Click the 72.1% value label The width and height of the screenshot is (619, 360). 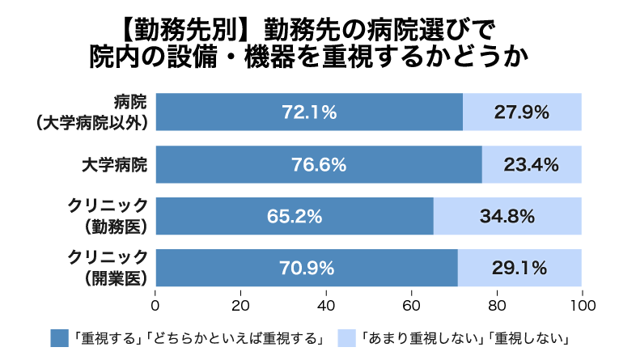click(x=308, y=112)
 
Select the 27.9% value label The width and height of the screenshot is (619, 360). click(x=521, y=112)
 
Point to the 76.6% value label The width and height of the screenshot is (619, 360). click(x=318, y=165)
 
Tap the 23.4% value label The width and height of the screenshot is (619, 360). click(x=531, y=165)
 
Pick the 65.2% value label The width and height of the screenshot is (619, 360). click(x=295, y=217)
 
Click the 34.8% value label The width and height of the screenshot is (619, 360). click(x=507, y=217)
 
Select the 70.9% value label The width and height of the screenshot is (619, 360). click(x=307, y=268)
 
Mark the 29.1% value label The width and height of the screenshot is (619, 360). click(x=519, y=268)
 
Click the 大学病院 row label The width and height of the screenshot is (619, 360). click(x=114, y=165)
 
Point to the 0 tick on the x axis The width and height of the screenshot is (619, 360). click(x=155, y=306)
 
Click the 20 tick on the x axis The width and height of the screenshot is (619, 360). click(x=240, y=306)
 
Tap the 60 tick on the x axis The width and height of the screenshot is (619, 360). click(x=411, y=306)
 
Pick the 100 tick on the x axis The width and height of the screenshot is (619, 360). click(x=581, y=306)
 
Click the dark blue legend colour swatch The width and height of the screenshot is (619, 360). click(x=59, y=337)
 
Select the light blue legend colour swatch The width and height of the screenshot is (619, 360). click(x=346, y=337)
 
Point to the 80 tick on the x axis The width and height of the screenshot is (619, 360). click(x=496, y=306)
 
